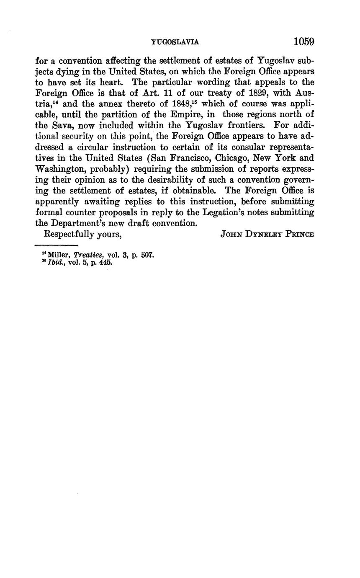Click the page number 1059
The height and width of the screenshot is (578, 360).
tap(303, 42)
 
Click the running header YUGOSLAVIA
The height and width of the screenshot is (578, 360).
tap(175, 42)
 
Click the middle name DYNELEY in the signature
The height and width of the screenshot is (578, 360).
tap(262, 235)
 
